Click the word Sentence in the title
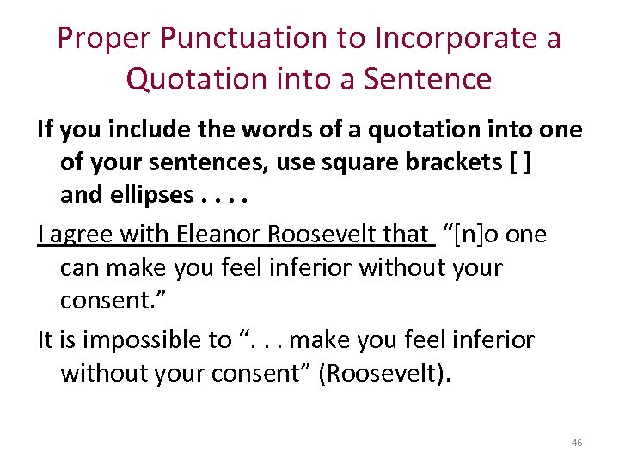point(427,79)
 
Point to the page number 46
point(576,443)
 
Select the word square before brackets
point(389,162)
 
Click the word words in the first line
point(268,130)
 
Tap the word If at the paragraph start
point(46,130)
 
